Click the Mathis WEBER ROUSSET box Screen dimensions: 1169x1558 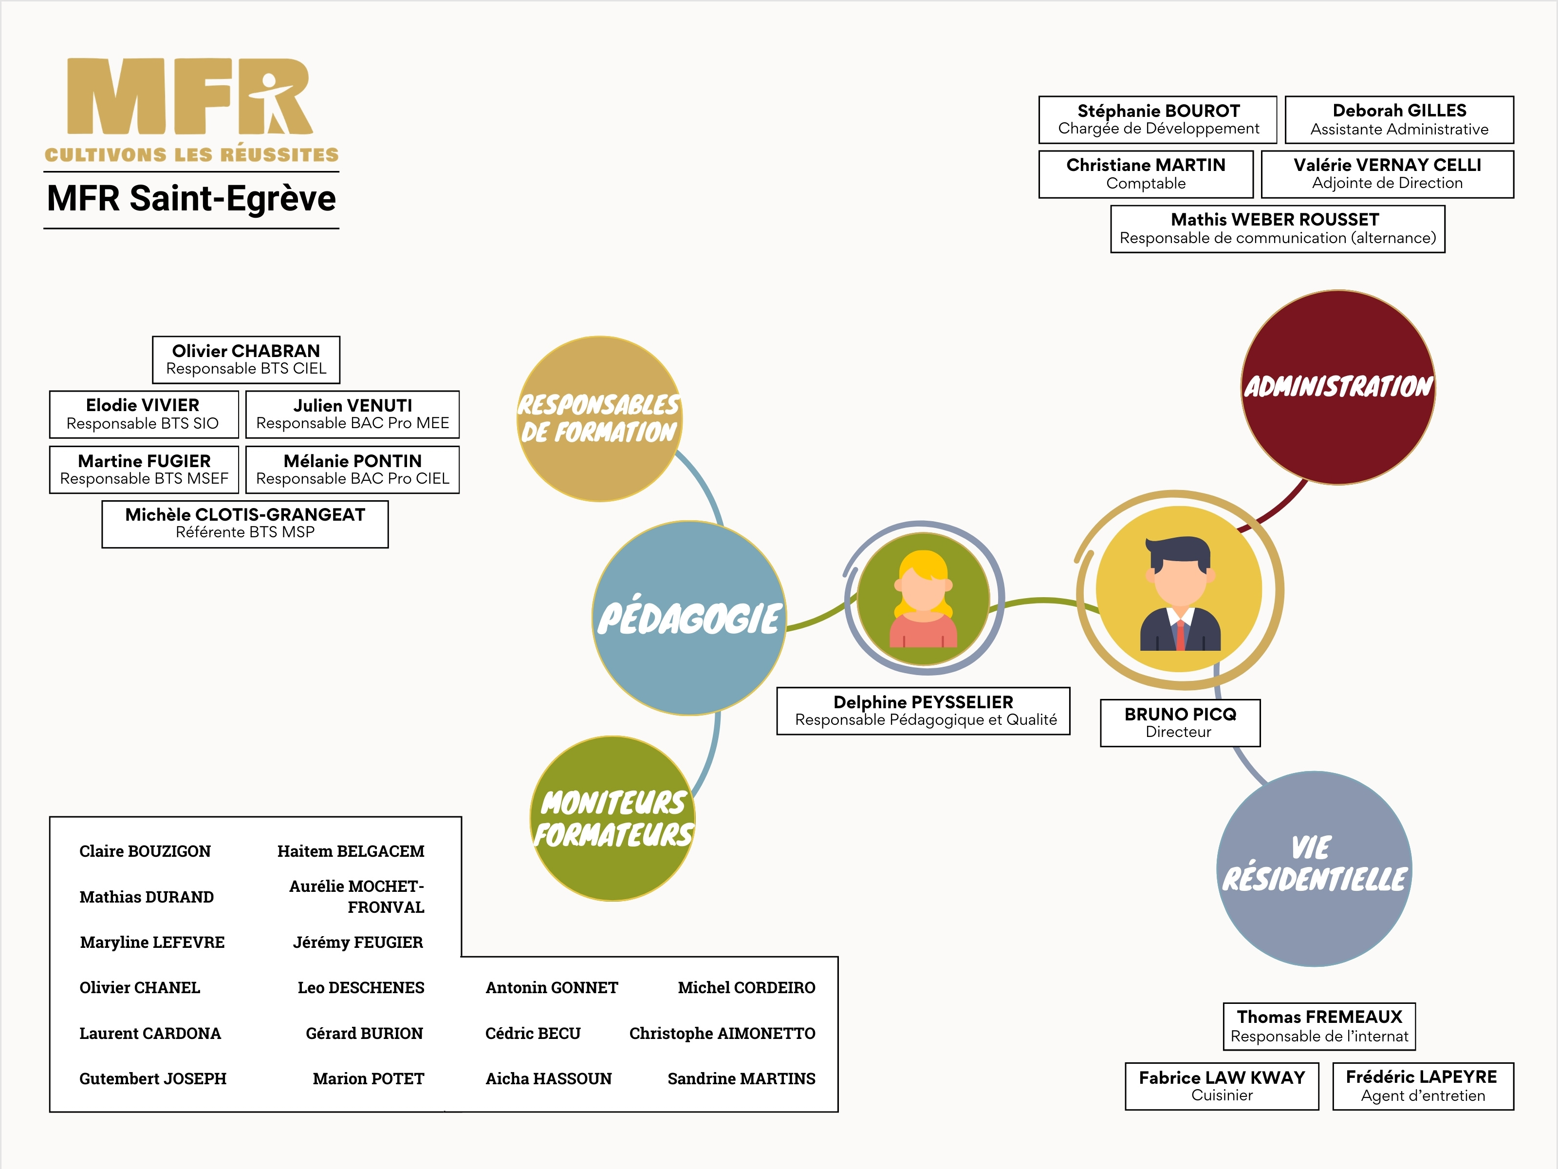coord(1277,229)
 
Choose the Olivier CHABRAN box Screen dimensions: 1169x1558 coord(246,359)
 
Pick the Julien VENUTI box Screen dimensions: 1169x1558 coord(352,415)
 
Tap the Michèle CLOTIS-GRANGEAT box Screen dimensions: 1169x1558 coord(244,524)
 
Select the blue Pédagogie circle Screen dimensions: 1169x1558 coord(689,618)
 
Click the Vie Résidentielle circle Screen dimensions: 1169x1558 coord(1314,868)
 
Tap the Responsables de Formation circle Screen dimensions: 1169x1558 coord(599,418)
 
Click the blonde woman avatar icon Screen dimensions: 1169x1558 coord(924,599)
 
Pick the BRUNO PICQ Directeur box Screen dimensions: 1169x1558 coord(1180,722)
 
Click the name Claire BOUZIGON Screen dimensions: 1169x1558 coord(145,851)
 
